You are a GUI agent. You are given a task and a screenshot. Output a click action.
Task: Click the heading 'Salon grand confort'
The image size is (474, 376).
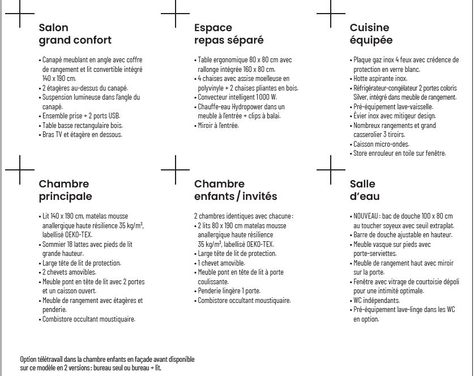pos(75,34)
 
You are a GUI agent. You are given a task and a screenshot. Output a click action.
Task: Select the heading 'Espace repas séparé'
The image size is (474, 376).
pos(229,34)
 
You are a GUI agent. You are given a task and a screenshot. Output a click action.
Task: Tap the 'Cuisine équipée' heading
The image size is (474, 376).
pos(371,34)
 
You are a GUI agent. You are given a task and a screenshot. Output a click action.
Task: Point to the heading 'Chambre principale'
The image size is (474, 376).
pos(65,190)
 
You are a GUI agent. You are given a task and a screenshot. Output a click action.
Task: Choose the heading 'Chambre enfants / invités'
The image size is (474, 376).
pos(236,190)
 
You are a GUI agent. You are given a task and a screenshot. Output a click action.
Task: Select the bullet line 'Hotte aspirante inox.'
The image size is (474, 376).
pos(381,79)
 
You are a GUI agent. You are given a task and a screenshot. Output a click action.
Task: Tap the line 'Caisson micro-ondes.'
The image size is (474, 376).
pos(381,144)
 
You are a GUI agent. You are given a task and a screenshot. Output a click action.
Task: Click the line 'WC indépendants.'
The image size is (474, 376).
pos(377,300)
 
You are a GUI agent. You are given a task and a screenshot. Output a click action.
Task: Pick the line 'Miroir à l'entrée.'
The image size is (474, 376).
pos(219,125)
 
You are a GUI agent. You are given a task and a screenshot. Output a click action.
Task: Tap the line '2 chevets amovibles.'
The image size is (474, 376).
pos(70,272)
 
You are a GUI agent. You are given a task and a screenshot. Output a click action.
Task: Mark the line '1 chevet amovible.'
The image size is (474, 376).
pos(221,263)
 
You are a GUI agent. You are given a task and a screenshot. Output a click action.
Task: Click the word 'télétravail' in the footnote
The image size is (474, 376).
pos(50,359)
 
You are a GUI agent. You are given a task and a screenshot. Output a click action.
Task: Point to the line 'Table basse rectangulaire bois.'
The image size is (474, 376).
pos(83,125)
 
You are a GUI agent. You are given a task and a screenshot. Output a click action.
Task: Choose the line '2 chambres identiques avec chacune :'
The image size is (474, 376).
pos(244,216)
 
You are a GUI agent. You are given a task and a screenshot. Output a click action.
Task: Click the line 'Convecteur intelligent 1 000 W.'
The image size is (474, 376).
pos(237,97)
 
